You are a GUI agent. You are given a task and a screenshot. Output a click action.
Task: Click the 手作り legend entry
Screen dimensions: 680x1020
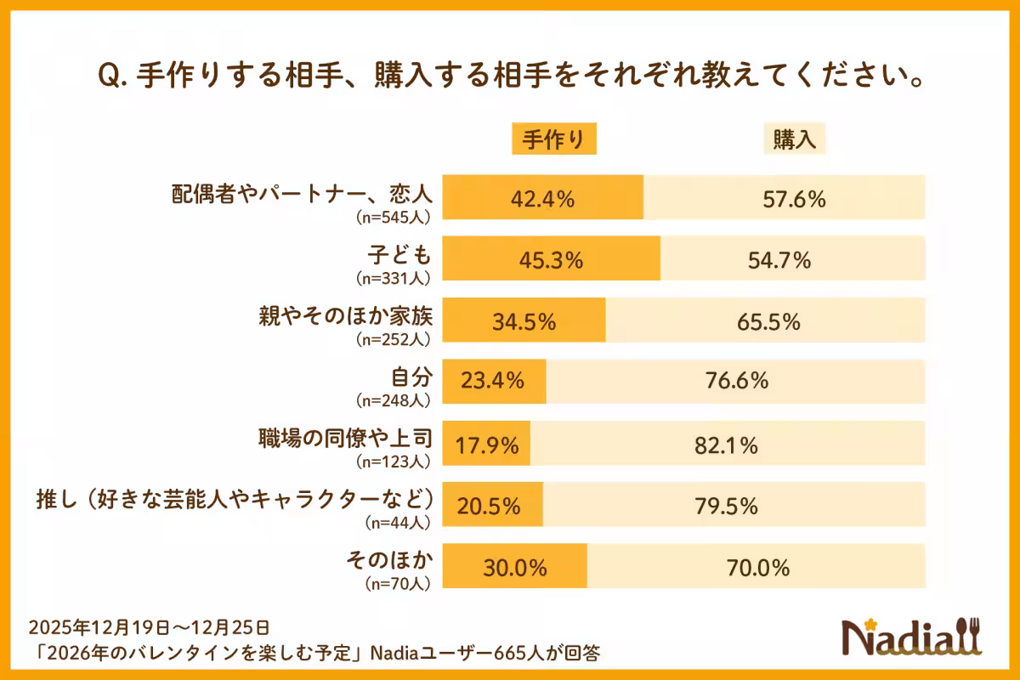pos(553,140)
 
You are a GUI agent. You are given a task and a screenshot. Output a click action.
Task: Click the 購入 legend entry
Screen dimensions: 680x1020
pos(794,140)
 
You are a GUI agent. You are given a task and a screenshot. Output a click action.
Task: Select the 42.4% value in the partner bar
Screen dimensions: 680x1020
pos(543,199)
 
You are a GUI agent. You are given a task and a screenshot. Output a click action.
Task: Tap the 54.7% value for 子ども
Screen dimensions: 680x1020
pos(779,260)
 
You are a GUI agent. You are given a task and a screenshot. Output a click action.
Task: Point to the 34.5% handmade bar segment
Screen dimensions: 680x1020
pos(524,321)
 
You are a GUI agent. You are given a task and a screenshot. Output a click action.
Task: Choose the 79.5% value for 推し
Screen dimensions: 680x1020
pos(726,506)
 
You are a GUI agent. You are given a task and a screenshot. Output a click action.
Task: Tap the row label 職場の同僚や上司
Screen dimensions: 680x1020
pos(346,438)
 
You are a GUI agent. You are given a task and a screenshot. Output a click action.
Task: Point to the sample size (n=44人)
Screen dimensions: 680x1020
pos(397,523)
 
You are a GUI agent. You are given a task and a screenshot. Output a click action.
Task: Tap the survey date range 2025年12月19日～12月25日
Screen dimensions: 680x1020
pos(149,627)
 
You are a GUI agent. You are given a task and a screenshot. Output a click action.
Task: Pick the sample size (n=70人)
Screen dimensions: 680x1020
pos(397,584)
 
